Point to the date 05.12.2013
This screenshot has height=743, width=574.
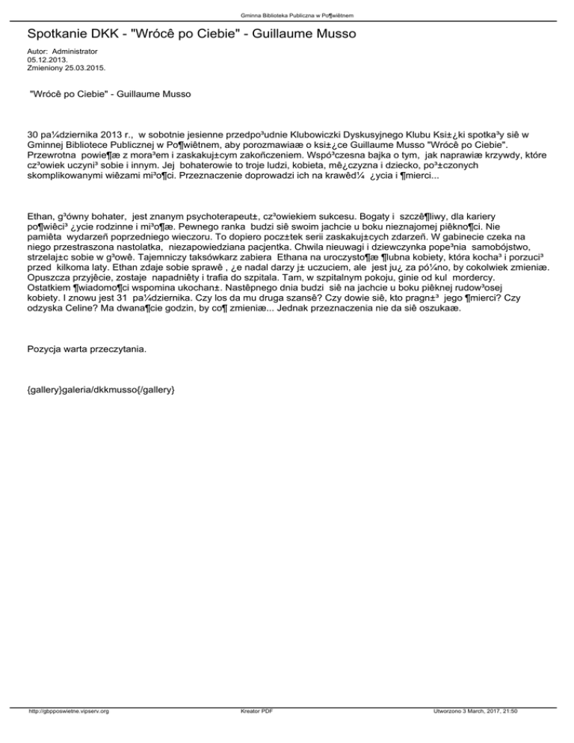46,59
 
